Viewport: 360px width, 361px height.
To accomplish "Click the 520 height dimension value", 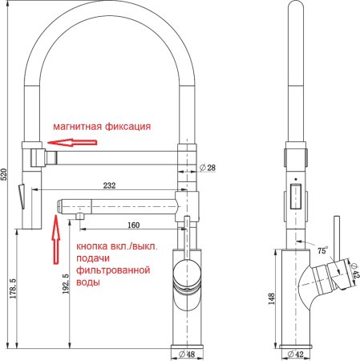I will click(x=7, y=178).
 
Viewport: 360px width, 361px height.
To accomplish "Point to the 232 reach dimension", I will click(x=109, y=185).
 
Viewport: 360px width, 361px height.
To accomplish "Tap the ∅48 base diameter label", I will click(x=187, y=353).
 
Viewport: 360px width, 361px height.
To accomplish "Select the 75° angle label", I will click(x=322, y=249).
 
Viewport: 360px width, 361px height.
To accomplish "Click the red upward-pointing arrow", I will click(x=56, y=241).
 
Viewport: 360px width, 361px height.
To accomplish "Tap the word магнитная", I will click(x=79, y=127).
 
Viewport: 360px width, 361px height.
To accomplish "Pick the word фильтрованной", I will click(x=114, y=271).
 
